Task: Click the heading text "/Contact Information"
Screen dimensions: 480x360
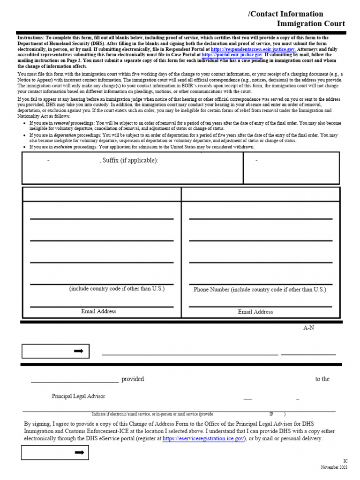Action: coord(285,14)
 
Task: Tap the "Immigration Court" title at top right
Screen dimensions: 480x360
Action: coord(311,23)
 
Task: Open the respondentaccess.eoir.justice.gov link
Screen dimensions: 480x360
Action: coord(253,49)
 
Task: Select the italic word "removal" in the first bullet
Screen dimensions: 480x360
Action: coord(61,123)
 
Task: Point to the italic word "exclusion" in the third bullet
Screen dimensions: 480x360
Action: coord(63,147)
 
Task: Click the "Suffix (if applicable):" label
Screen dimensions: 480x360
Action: coord(129,161)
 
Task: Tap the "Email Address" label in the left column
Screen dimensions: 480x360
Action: coord(98,311)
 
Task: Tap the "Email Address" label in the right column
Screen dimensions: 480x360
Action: coord(255,312)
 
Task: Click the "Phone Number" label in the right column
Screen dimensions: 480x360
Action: coord(211,290)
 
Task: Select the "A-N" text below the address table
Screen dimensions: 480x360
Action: coord(308,328)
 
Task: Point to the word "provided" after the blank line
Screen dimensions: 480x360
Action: coord(133,379)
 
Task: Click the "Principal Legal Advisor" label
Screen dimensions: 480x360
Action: coord(78,397)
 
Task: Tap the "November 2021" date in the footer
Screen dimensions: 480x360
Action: coord(334,468)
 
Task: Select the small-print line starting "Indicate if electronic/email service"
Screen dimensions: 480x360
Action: coord(152,414)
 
